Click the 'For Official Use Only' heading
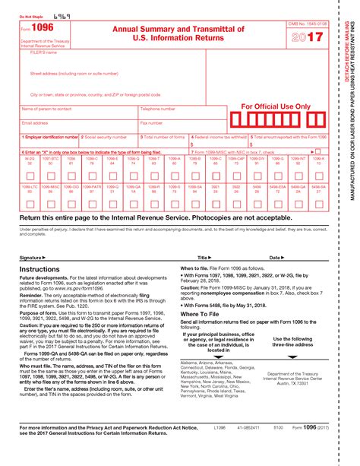[276, 106]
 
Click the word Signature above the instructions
[32, 258]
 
